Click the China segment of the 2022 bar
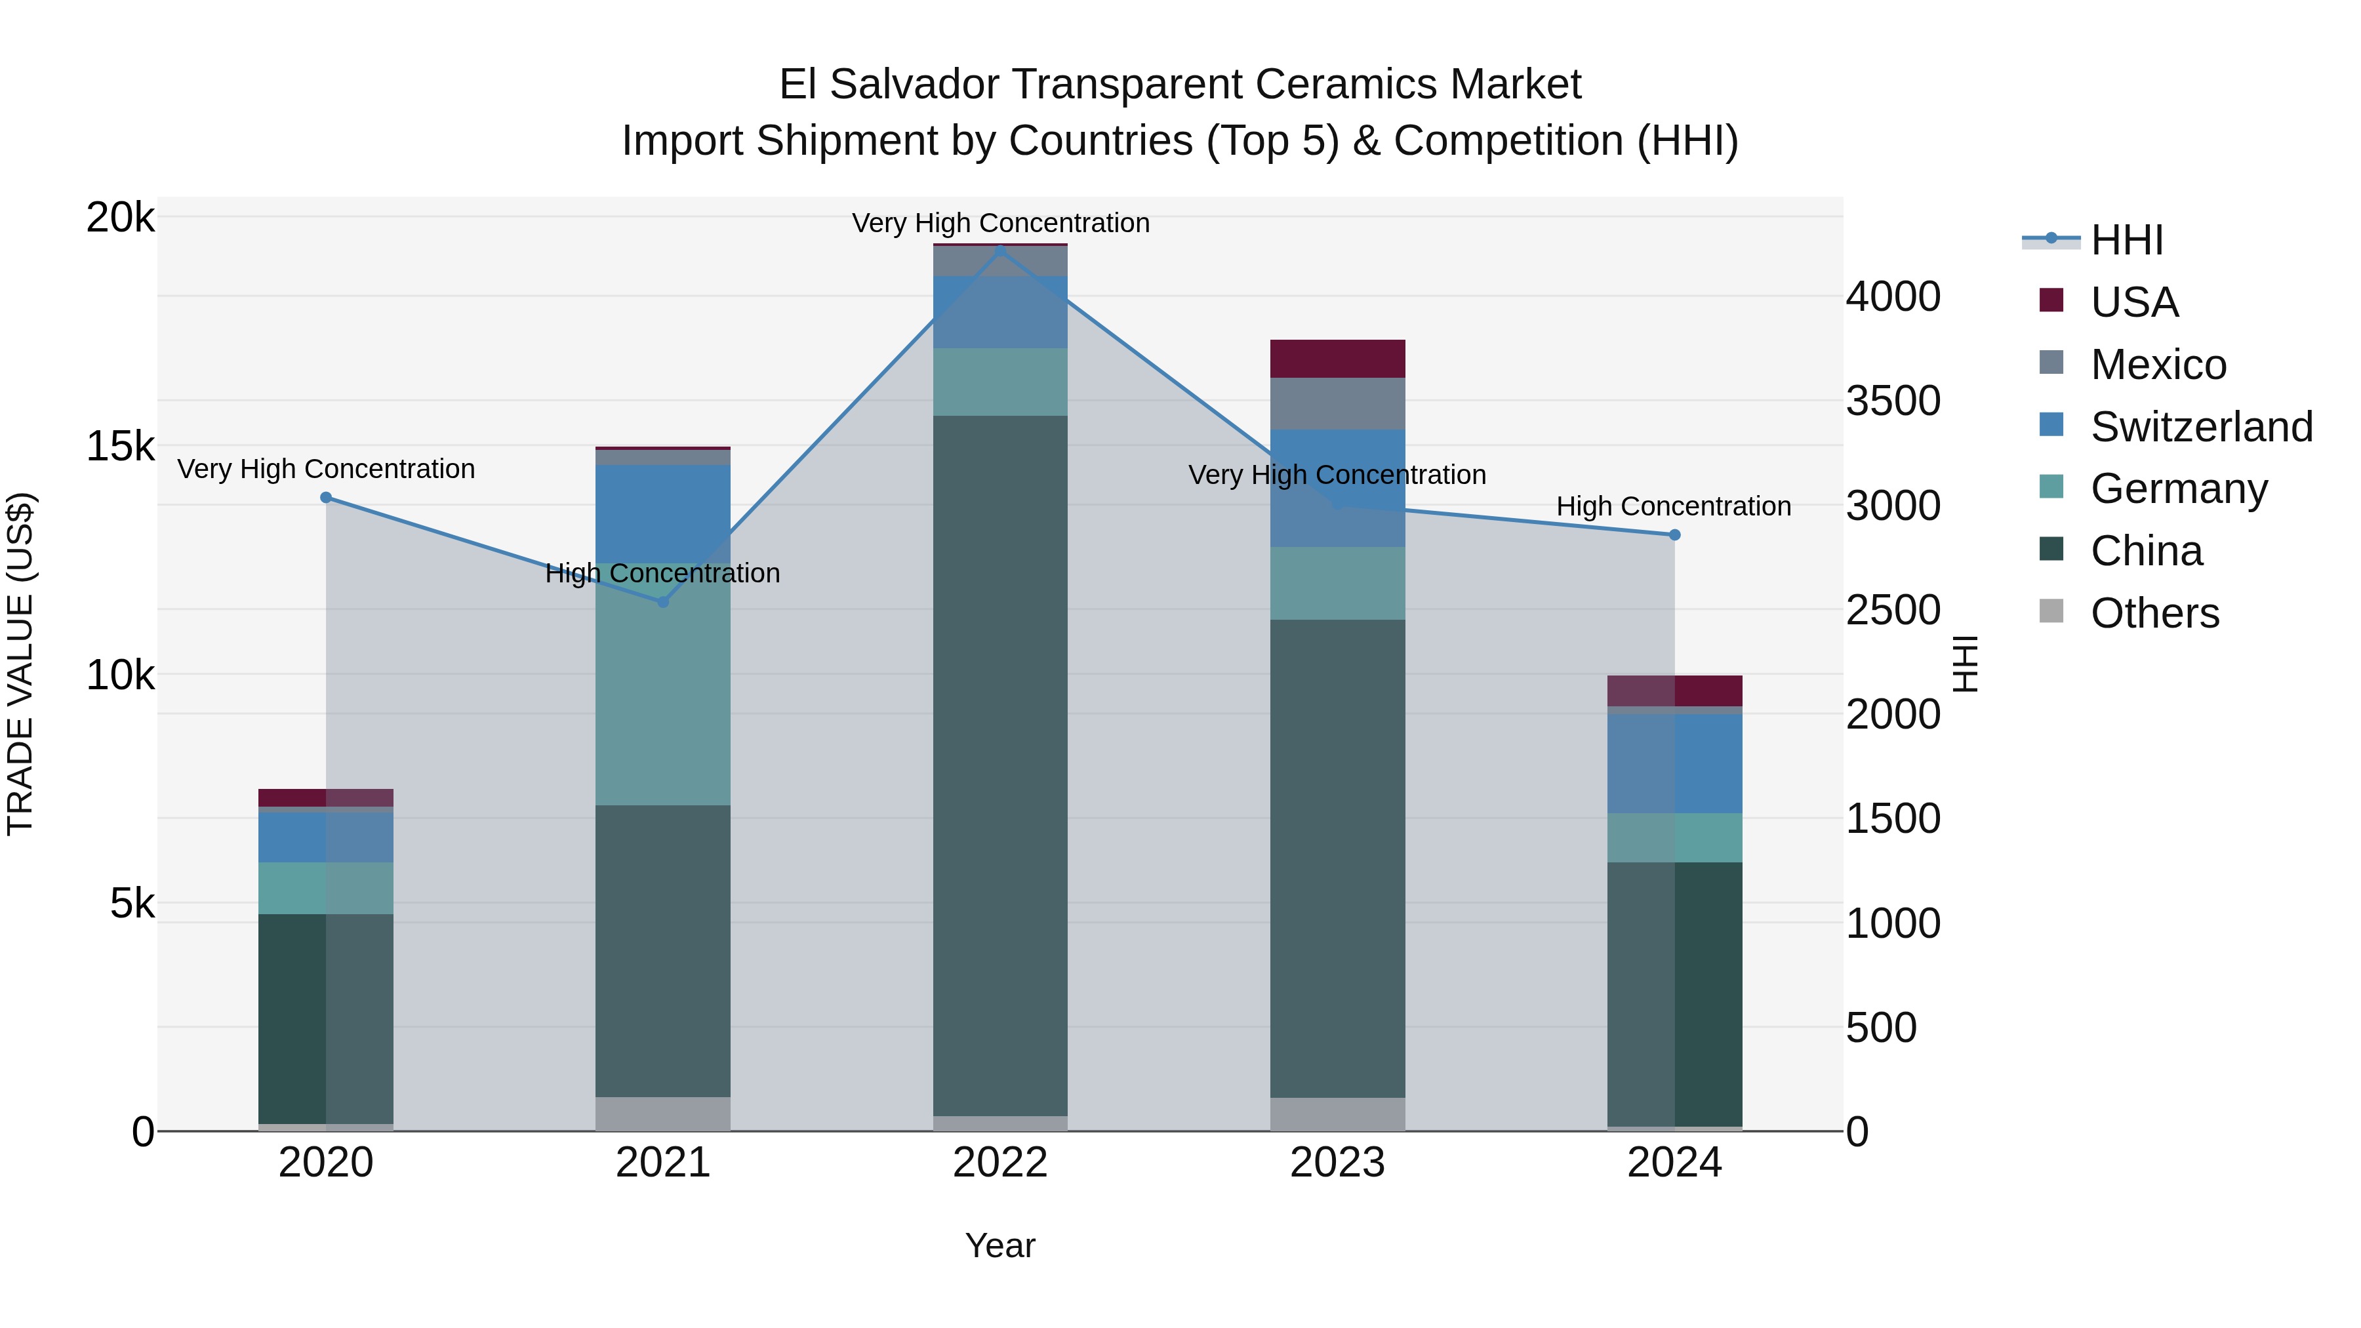(x=1000, y=765)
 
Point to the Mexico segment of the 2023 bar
(x=1337, y=403)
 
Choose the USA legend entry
(x=2133, y=302)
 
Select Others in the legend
(x=2154, y=613)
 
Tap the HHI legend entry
(x=2126, y=240)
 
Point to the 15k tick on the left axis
(x=120, y=447)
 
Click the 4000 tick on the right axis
(x=1893, y=297)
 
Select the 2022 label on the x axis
(x=1000, y=1163)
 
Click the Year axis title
(x=1000, y=1245)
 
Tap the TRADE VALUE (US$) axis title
(x=20, y=664)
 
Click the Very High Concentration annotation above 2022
(x=1000, y=223)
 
